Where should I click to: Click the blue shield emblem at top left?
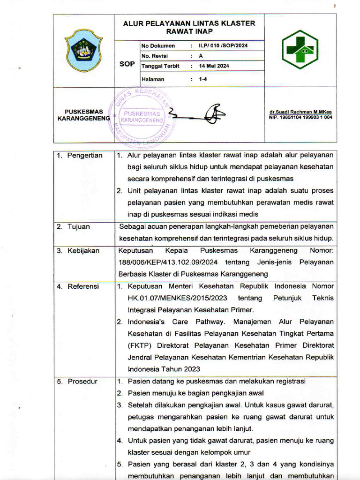(x=84, y=50)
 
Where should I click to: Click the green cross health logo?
(x=300, y=49)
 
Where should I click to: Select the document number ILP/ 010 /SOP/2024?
(x=223, y=46)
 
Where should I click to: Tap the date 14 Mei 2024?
(x=214, y=66)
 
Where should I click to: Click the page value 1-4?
(x=203, y=79)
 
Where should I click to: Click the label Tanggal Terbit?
(x=160, y=66)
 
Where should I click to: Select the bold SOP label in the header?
(x=127, y=64)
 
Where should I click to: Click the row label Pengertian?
(x=85, y=156)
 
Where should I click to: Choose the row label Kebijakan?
(x=83, y=251)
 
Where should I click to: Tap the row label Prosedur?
(x=82, y=382)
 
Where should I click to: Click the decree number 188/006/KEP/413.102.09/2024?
(x=169, y=262)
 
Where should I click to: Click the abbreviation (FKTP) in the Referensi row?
(x=140, y=345)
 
